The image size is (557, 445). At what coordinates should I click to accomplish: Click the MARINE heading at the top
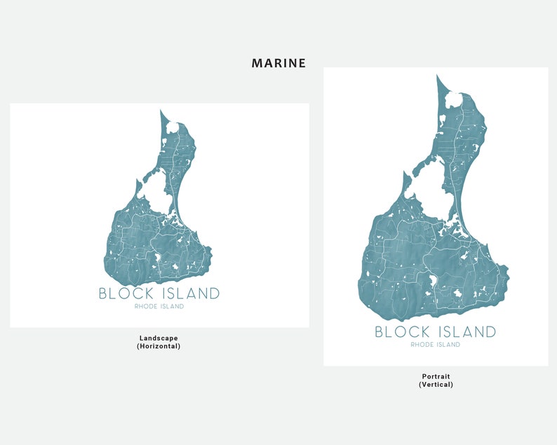278,63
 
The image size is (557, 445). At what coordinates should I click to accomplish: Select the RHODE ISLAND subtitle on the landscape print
159,306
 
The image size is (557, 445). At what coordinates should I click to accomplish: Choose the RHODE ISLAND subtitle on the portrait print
436,345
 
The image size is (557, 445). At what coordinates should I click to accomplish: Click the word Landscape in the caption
159,338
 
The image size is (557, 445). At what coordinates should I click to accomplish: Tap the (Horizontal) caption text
159,346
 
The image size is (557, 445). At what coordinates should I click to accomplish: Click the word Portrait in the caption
436,376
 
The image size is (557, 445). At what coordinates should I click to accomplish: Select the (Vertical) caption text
436,385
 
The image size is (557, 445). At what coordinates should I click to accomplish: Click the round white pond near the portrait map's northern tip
455,100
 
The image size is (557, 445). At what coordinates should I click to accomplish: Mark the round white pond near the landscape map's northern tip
173,127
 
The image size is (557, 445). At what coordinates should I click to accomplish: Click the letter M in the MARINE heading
257,63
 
